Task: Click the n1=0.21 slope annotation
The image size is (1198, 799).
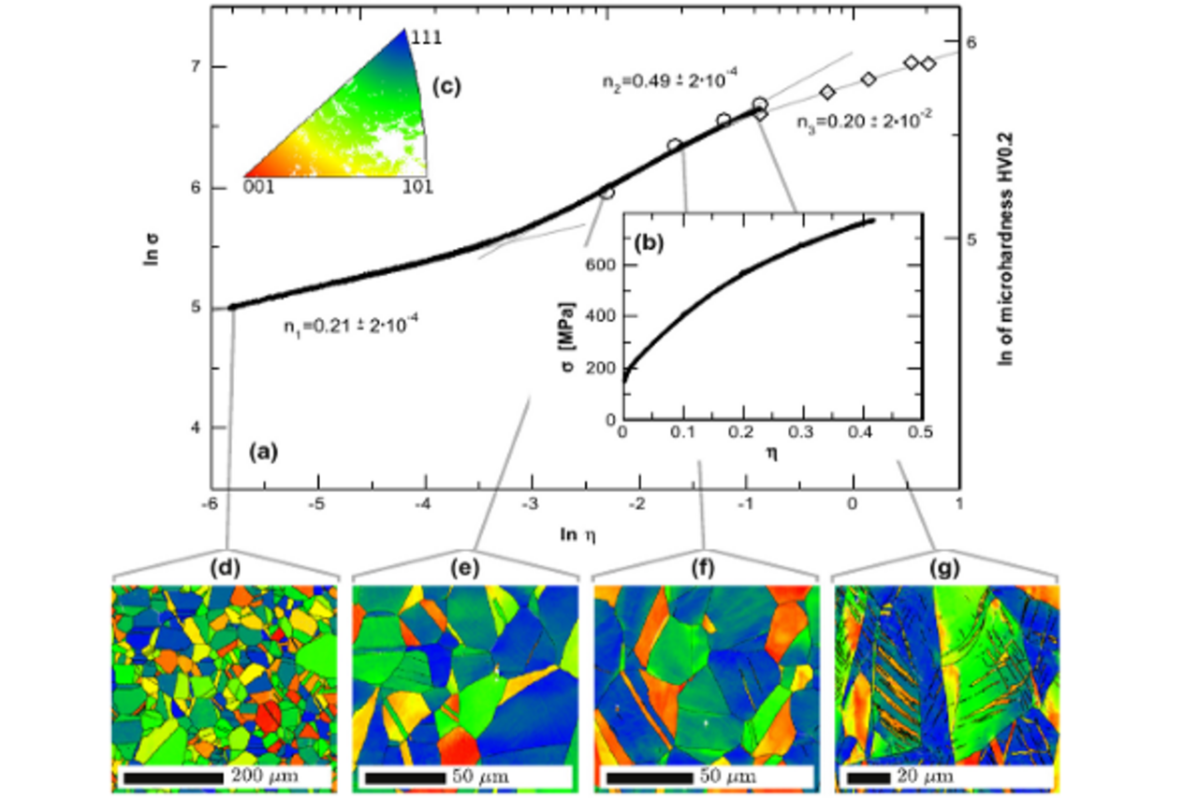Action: pos(350,327)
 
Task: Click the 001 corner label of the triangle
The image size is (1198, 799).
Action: pos(258,187)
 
